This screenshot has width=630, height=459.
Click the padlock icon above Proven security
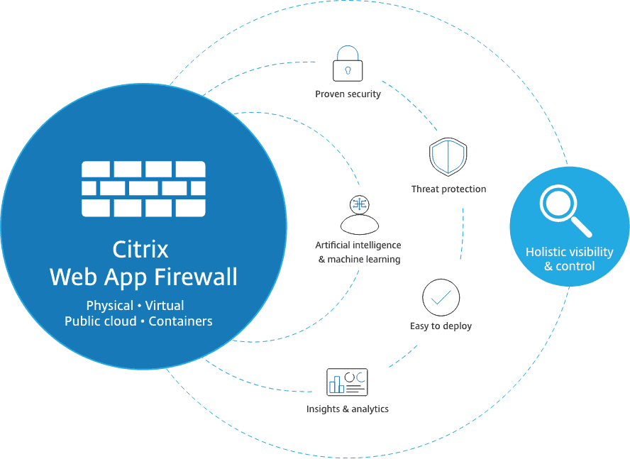click(x=348, y=64)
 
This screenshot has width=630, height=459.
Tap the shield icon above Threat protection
click(x=448, y=157)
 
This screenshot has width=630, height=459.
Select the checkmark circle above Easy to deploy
click(x=441, y=297)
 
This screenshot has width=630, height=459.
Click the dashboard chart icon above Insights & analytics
click(x=347, y=382)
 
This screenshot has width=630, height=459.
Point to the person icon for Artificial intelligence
click(x=360, y=215)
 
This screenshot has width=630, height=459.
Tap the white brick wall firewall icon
click(x=143, y=189)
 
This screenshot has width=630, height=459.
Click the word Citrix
click(x=140, y=250)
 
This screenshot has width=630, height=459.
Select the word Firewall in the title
click(x=196, y=277)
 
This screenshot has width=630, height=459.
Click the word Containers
click(x=180, y=321)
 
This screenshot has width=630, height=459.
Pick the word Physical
click(x=110, y=306)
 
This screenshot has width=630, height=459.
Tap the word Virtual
click(x=165, y=306)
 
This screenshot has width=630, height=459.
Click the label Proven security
click(x=348, y=94)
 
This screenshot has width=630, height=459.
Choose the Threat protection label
click(x=449, y=189)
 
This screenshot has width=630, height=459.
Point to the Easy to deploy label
click(x=441, y=326)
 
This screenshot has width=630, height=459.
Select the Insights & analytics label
click(x=348, y=409)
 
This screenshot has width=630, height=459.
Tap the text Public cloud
click(x=101, y=321)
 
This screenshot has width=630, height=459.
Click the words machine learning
click(x=364, y=260)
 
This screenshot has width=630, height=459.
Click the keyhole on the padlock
click(x=348, y=71)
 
